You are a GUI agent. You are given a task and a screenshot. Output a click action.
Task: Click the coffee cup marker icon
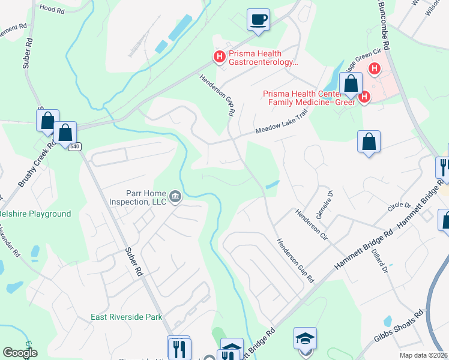pyautogui.click(x=259, y=20)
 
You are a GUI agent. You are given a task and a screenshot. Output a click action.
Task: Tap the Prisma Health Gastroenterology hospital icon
pyautogui.click(x=219, y=57)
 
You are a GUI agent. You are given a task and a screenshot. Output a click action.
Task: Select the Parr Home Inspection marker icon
pyautogui.click(x=175, y=196)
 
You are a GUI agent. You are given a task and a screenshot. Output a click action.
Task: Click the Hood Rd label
pyautogui.click(x=51, y=8)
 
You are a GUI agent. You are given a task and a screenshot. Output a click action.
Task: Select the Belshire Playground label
pyautogui.click(x=34, y=214)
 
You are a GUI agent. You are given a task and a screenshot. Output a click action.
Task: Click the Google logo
pyautogui.click(x=20, y=353)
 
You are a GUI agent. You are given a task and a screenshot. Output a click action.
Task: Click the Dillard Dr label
pyautogui.click(x=382, y=262)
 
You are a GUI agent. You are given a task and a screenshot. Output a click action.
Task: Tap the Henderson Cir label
pyautogui.click(x=310, y=221)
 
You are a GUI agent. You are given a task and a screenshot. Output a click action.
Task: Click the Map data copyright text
pyautogui.click(x=424, y=355)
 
